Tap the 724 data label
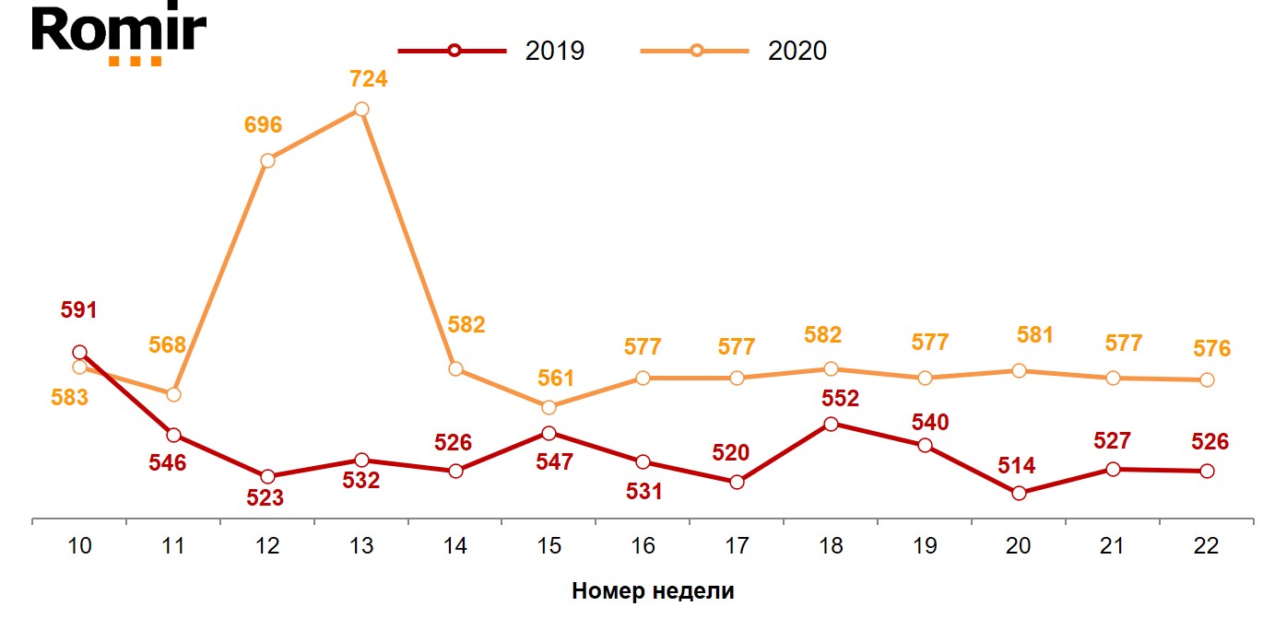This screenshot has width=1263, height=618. (x=369, y=79)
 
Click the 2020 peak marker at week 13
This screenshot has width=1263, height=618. (x=361, y=110)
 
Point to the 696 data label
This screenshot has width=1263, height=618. (x=263, y=125)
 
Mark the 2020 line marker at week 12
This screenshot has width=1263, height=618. (x=267, y=160)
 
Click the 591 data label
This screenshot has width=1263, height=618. (x=79, y=310)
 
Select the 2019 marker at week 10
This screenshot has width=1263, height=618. (x=79, y=352)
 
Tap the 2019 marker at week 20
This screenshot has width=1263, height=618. (x=1019, y=493)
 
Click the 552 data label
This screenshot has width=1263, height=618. (x=840, y=399)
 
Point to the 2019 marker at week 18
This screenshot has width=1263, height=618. (x=831, y=424)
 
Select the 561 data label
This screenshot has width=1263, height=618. (x=556, y=379)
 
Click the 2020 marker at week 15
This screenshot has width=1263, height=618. (x=549, y=407)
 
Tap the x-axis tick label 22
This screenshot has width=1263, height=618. (x=1206, y=546)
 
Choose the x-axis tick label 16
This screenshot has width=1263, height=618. (x=643, y=546)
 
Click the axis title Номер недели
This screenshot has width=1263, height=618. (x=653, y=591)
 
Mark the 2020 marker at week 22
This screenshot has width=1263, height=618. (x=1207, y=379)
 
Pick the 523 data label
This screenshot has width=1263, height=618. (x=265, y=498)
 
